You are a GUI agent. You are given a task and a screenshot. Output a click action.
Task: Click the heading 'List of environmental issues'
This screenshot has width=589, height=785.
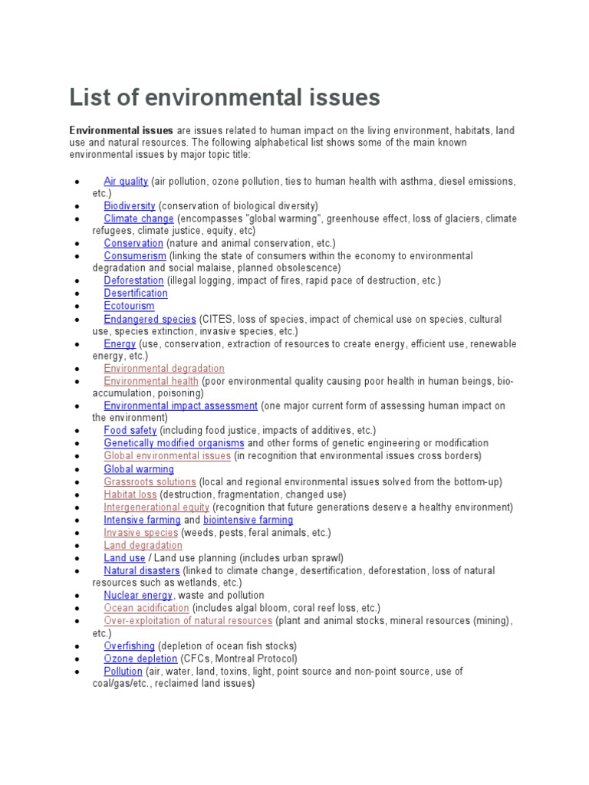(225, 98)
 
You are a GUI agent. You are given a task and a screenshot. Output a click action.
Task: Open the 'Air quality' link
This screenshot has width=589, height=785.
(126, 181)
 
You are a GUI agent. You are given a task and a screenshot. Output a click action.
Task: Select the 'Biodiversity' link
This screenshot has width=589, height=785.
(130, 205)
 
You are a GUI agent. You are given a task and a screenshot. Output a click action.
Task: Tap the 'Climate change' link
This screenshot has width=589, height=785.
(139, 218)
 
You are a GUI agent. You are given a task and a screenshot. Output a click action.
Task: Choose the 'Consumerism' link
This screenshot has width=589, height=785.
(135, 255)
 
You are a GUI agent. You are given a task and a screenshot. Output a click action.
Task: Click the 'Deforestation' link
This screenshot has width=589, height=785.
(133, 281)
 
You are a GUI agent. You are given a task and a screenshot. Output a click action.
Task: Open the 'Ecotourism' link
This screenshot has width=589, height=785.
(129, 306)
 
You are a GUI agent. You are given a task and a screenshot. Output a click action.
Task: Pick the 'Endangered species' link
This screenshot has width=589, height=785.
(150, 319)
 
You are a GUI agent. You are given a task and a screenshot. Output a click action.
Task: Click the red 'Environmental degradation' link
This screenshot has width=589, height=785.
(164, 369)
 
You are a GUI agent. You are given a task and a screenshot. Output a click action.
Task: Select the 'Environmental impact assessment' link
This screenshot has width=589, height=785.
(180, 406)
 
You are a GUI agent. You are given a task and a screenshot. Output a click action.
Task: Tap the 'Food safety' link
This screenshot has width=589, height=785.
(130, 431)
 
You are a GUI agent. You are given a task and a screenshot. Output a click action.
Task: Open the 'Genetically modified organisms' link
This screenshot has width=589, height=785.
(174, 443)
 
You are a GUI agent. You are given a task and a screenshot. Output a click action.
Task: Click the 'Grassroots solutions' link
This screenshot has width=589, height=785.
(150, 482)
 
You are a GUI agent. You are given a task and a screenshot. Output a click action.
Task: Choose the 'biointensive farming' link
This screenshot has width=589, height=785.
(248, 520)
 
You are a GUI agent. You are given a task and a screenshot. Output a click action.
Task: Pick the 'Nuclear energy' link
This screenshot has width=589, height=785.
(138, 595)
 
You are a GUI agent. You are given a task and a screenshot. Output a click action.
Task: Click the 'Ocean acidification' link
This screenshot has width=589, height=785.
(146, 608)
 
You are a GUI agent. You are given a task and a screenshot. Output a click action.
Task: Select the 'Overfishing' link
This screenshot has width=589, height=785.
(129, 646)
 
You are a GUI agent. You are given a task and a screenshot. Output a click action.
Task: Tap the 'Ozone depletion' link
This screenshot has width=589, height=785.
(140, 659)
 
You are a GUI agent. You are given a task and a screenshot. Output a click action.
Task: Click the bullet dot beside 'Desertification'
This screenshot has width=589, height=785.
(77, 294)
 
